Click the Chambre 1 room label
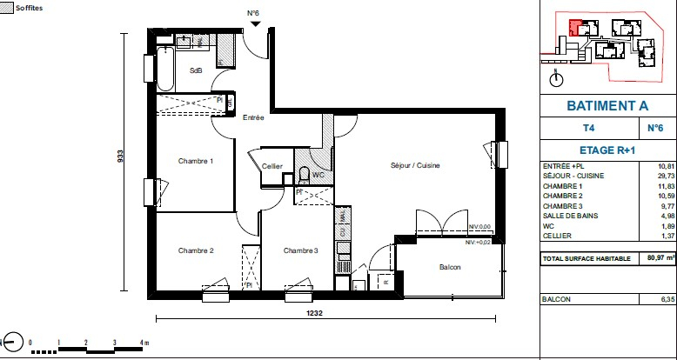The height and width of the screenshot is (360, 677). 196,162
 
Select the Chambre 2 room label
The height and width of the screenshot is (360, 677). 196,251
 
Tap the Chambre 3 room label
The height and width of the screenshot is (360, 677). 300,251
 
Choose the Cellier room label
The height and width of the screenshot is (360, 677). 272,166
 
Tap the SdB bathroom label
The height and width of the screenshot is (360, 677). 196,71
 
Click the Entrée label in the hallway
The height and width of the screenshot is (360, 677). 253,117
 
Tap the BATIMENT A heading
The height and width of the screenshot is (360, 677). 607,105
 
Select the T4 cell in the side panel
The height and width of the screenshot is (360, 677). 589,129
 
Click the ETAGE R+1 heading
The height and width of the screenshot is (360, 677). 607,150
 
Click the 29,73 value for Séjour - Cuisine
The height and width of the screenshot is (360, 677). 666,177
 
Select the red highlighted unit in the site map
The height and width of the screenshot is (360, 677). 575,26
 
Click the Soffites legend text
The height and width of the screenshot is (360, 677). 31,7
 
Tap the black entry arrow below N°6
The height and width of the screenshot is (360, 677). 254,25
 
